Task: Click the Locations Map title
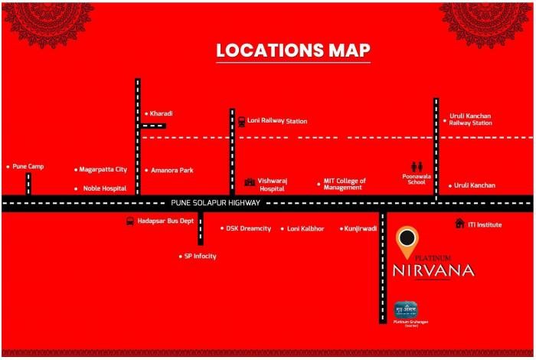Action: click(x=293, y=51)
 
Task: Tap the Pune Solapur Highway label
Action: click(x=215, y=203)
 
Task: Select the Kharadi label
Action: click(x=162, y=113)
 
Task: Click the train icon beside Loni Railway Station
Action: click(x=241, y=121)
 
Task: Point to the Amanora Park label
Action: click(x=172, y=170)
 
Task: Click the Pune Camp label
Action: click(x=28, y=166)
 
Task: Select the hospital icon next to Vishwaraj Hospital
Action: click(x=249, y=182)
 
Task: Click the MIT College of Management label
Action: click(x=345, y=184)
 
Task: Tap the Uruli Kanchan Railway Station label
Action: click(x=470, y=119)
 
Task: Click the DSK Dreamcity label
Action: click(x=248, y=228)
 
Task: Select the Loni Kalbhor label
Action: click(x=306, y=228)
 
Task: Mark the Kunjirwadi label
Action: click(x=361, y=228)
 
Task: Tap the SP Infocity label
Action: click(x=200, y=256)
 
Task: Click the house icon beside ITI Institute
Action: click(x=459, y=224)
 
